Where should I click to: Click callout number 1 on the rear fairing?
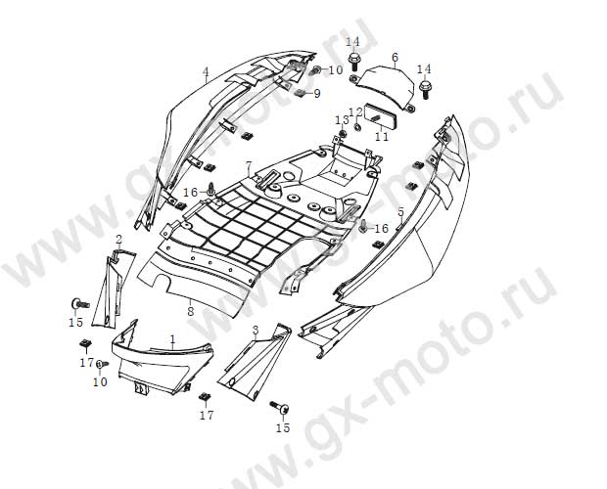pyautogui.click(x=172, y=339)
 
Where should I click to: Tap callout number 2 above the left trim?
pyautogui.click(x=118, y=240)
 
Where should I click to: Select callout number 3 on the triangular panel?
pyautogui.click(x=255, y=331)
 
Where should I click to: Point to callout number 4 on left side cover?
pyautogui.click(x=206, y=71)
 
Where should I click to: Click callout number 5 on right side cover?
pyautogui.click(x=400, y=211)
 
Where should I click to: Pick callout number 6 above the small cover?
pyautogui.click(x=395, y=57)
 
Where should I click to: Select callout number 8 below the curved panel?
pyautogui.click(x=190, y=311)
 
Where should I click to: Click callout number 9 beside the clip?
pyautogui.click(x=316, y=93)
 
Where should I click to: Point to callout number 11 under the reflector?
pyautogui.click(x=382, y=137)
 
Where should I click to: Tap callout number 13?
pyautogui.click(x=342, y=119)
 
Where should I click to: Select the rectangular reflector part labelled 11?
pyautogui.click(x=377, y=115)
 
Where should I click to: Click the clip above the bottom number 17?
pyautogui.click(x=205, y=397)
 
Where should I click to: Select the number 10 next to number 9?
pyautogui.click(x=335, y=70)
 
